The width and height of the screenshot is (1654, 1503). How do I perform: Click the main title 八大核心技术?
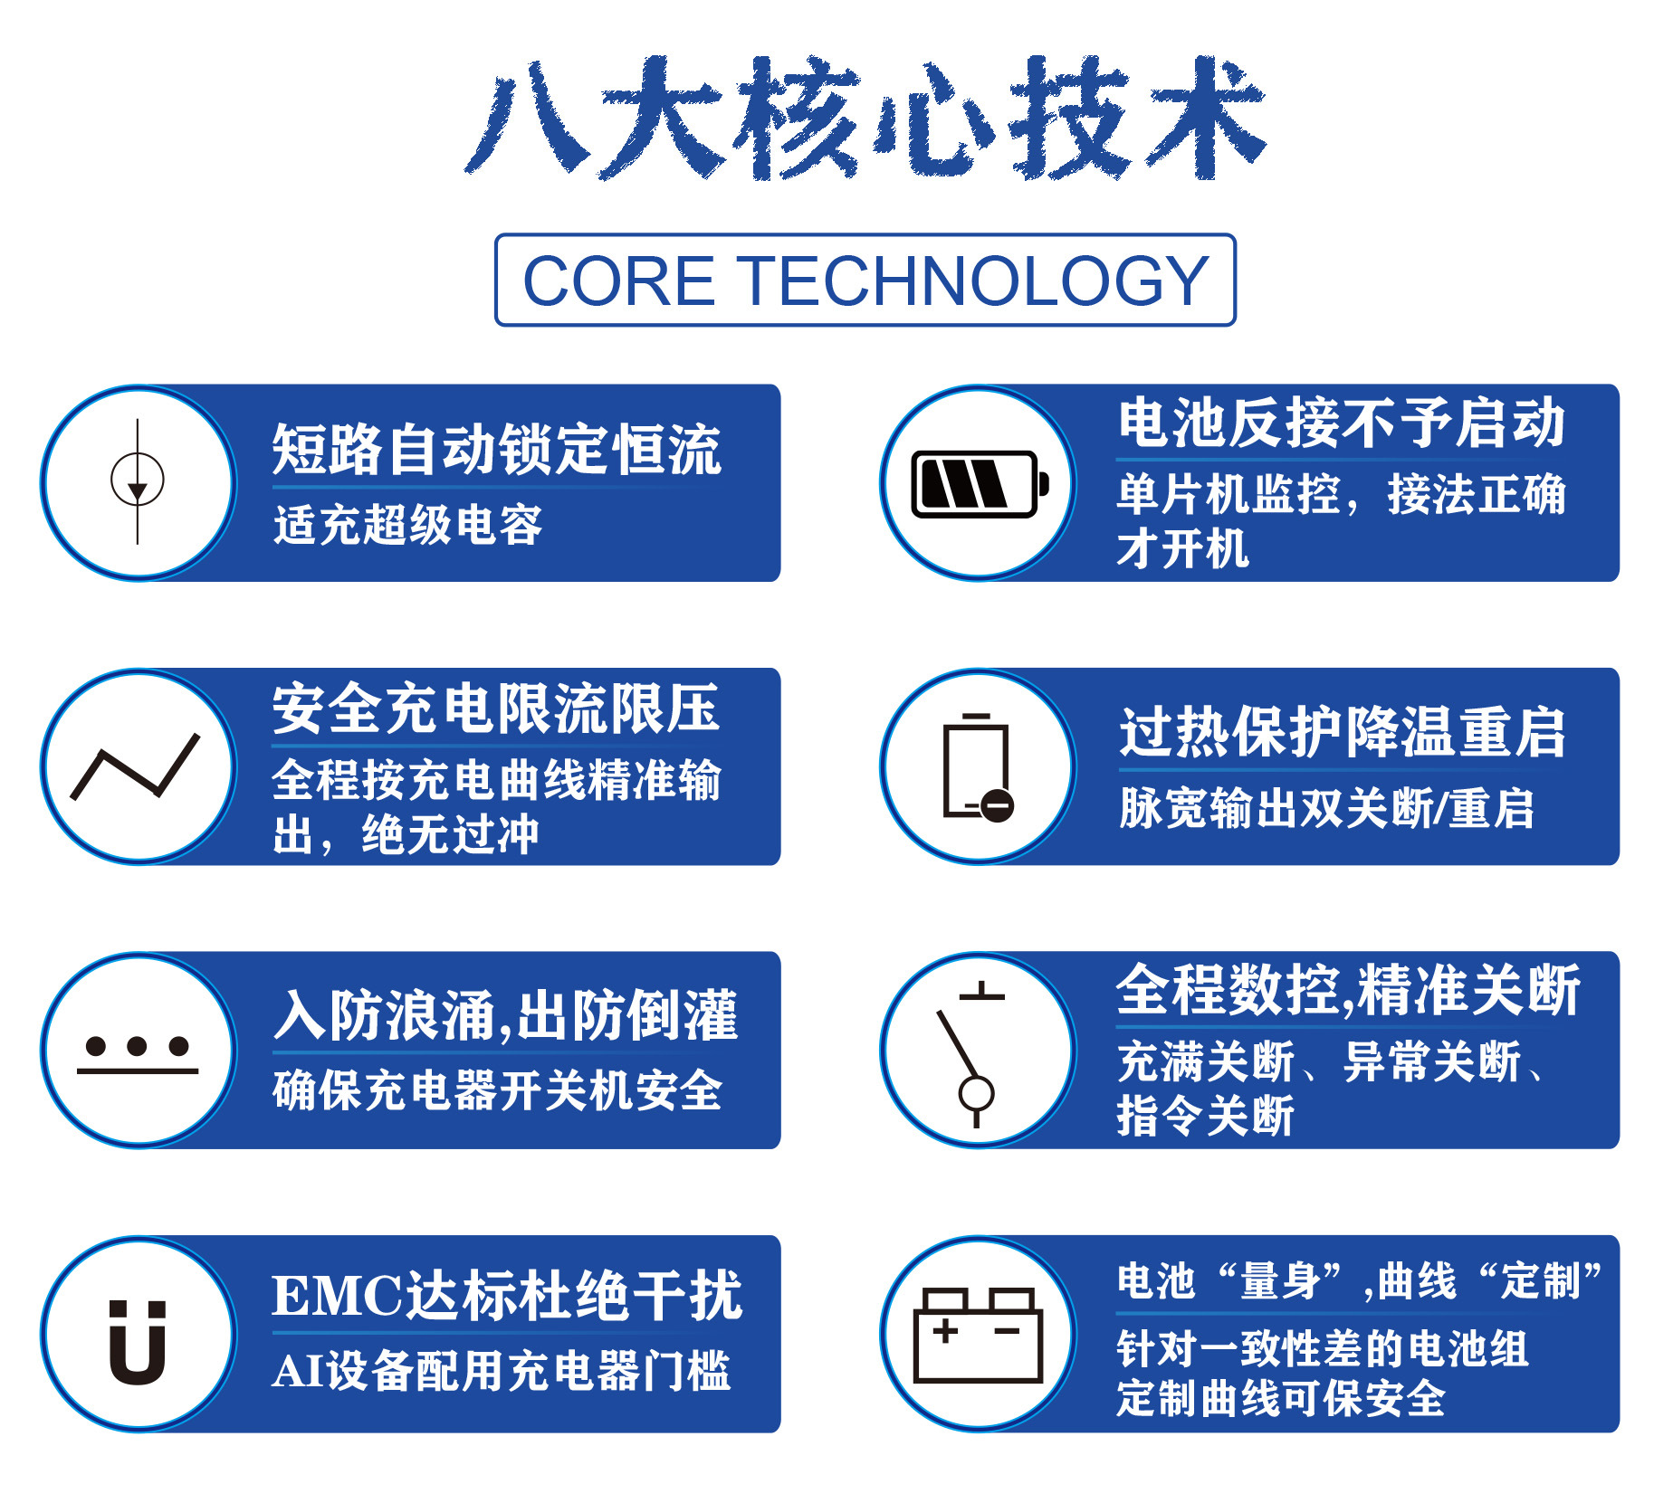pyautogui.click(x=865, y=118)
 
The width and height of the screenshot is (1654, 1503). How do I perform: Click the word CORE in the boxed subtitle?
pyautogui.click(x=619, y=281)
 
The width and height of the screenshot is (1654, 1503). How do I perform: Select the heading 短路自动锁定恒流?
pyautogui.click(x=496, y=449)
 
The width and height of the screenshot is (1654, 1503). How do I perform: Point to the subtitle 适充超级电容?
pyautogui.click(x=407, y=525)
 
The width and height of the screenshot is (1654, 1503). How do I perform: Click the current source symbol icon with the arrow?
pyautogui.click(x=138, y=481)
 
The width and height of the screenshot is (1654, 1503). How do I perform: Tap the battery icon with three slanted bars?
pyautogui.click(x=980, y=484)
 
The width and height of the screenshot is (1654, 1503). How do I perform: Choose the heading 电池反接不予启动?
pyautogui.click(x=1342, y=423)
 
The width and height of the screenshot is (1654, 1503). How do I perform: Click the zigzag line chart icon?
pyautogui.click(x=135, y=766)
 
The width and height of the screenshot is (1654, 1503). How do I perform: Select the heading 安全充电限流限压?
pyautogui.click(x=495, y=709)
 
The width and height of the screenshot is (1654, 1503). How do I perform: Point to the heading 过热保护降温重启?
pyautogui.click(x=1342, y=732)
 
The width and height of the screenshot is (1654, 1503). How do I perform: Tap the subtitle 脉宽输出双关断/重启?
pyautogui.click(x=1326, y=808)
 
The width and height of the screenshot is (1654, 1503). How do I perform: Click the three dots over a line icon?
pyautogui.click(x=138, y=1055)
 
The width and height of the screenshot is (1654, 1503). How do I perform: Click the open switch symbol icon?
pyautogui.click(x=970, y=1054)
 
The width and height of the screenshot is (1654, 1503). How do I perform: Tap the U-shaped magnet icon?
pyautogui.click(x=138, y=1342)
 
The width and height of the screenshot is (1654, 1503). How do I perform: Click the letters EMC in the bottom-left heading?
pyautogui.click(x=338, y=1296)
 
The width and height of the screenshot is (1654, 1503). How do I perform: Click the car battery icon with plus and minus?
pyautogui.click(x=979, y=1335)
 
